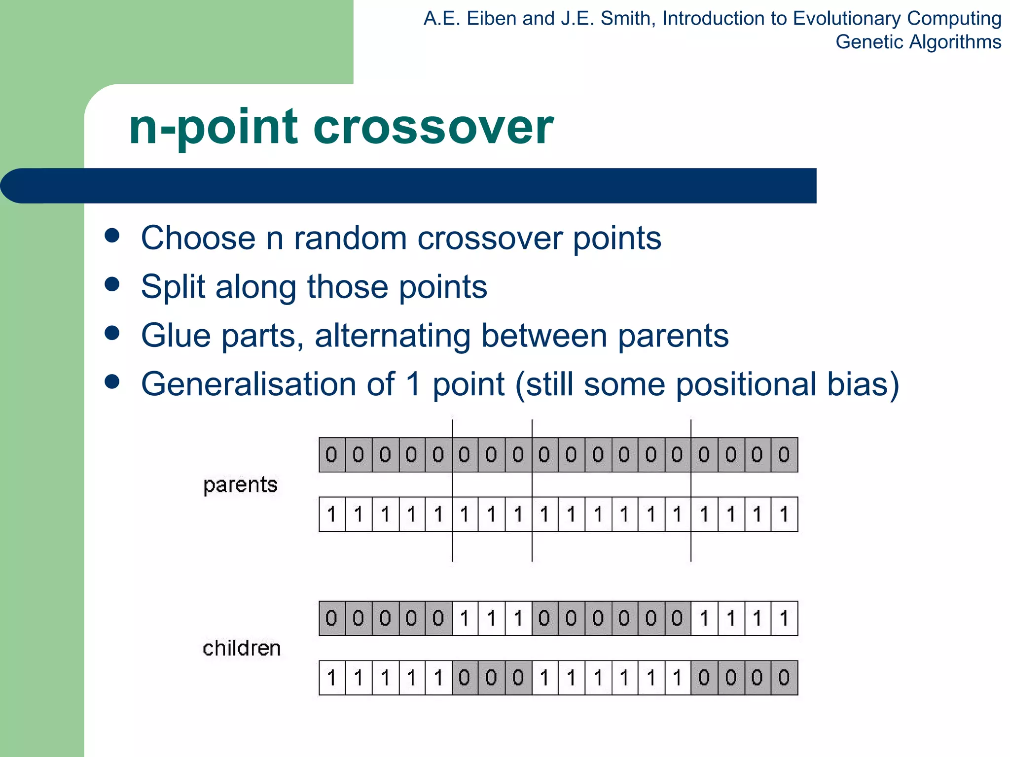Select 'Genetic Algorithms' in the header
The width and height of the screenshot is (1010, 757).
pos(918,42)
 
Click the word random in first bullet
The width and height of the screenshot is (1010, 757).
pos(350,238)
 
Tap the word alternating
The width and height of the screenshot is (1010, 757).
pos(393,336)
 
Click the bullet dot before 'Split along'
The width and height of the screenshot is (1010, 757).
pos(112,284)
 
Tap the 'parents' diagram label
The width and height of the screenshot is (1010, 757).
pos(240,485)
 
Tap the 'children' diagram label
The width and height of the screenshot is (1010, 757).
pos(242,648)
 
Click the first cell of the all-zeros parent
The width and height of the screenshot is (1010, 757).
pos(332,454)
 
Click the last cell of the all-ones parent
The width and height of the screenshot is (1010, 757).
pos(784,514)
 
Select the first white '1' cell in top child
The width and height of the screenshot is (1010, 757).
pos(465,618)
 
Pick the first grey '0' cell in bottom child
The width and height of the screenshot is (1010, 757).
pos(465,678)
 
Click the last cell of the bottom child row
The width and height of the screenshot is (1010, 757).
pos(784,678)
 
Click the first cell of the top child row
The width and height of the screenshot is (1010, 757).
pos(332,618)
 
